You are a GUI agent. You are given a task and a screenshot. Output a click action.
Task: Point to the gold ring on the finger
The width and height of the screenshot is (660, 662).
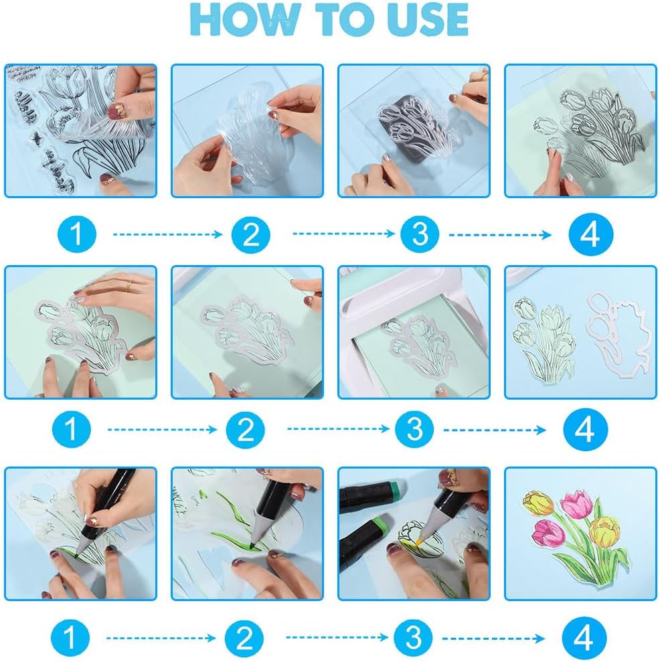click(x=127, y=286)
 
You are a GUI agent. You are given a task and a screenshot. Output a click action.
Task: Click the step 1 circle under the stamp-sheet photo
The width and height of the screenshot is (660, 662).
click(x=77, y=234)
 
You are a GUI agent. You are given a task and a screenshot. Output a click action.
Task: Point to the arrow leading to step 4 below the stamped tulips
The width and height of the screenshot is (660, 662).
click(x=499, y=234)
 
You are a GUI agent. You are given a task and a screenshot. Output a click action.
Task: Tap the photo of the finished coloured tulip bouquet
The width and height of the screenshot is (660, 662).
click(x=580, y=533)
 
